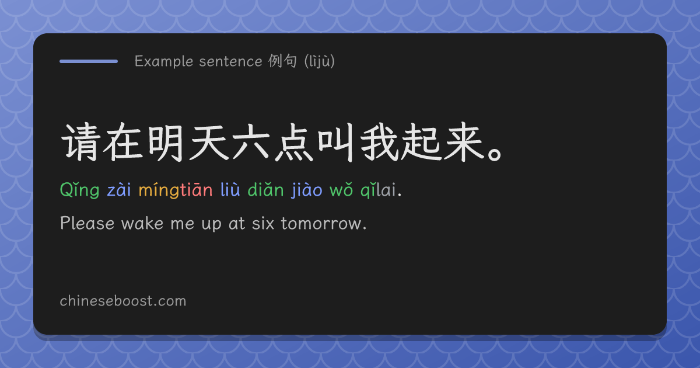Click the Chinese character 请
(80, 143)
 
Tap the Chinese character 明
(166, 143)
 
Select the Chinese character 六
(251, 143)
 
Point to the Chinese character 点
(295, 143)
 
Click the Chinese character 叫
(336, 143)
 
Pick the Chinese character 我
(379, 143)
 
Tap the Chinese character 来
(465, 143)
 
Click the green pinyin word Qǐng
(80, 190)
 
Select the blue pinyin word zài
(119, 190)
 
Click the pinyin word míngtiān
(176, 190)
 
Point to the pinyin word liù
(230, 189)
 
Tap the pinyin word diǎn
(265, 189)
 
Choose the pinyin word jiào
(307, 190)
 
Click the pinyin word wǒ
(341, 190)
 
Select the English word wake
(142, 223)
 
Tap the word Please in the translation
(87, 223)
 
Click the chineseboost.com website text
(123, 301)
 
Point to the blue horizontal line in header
(89, 61)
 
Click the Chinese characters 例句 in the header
(282, 61)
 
